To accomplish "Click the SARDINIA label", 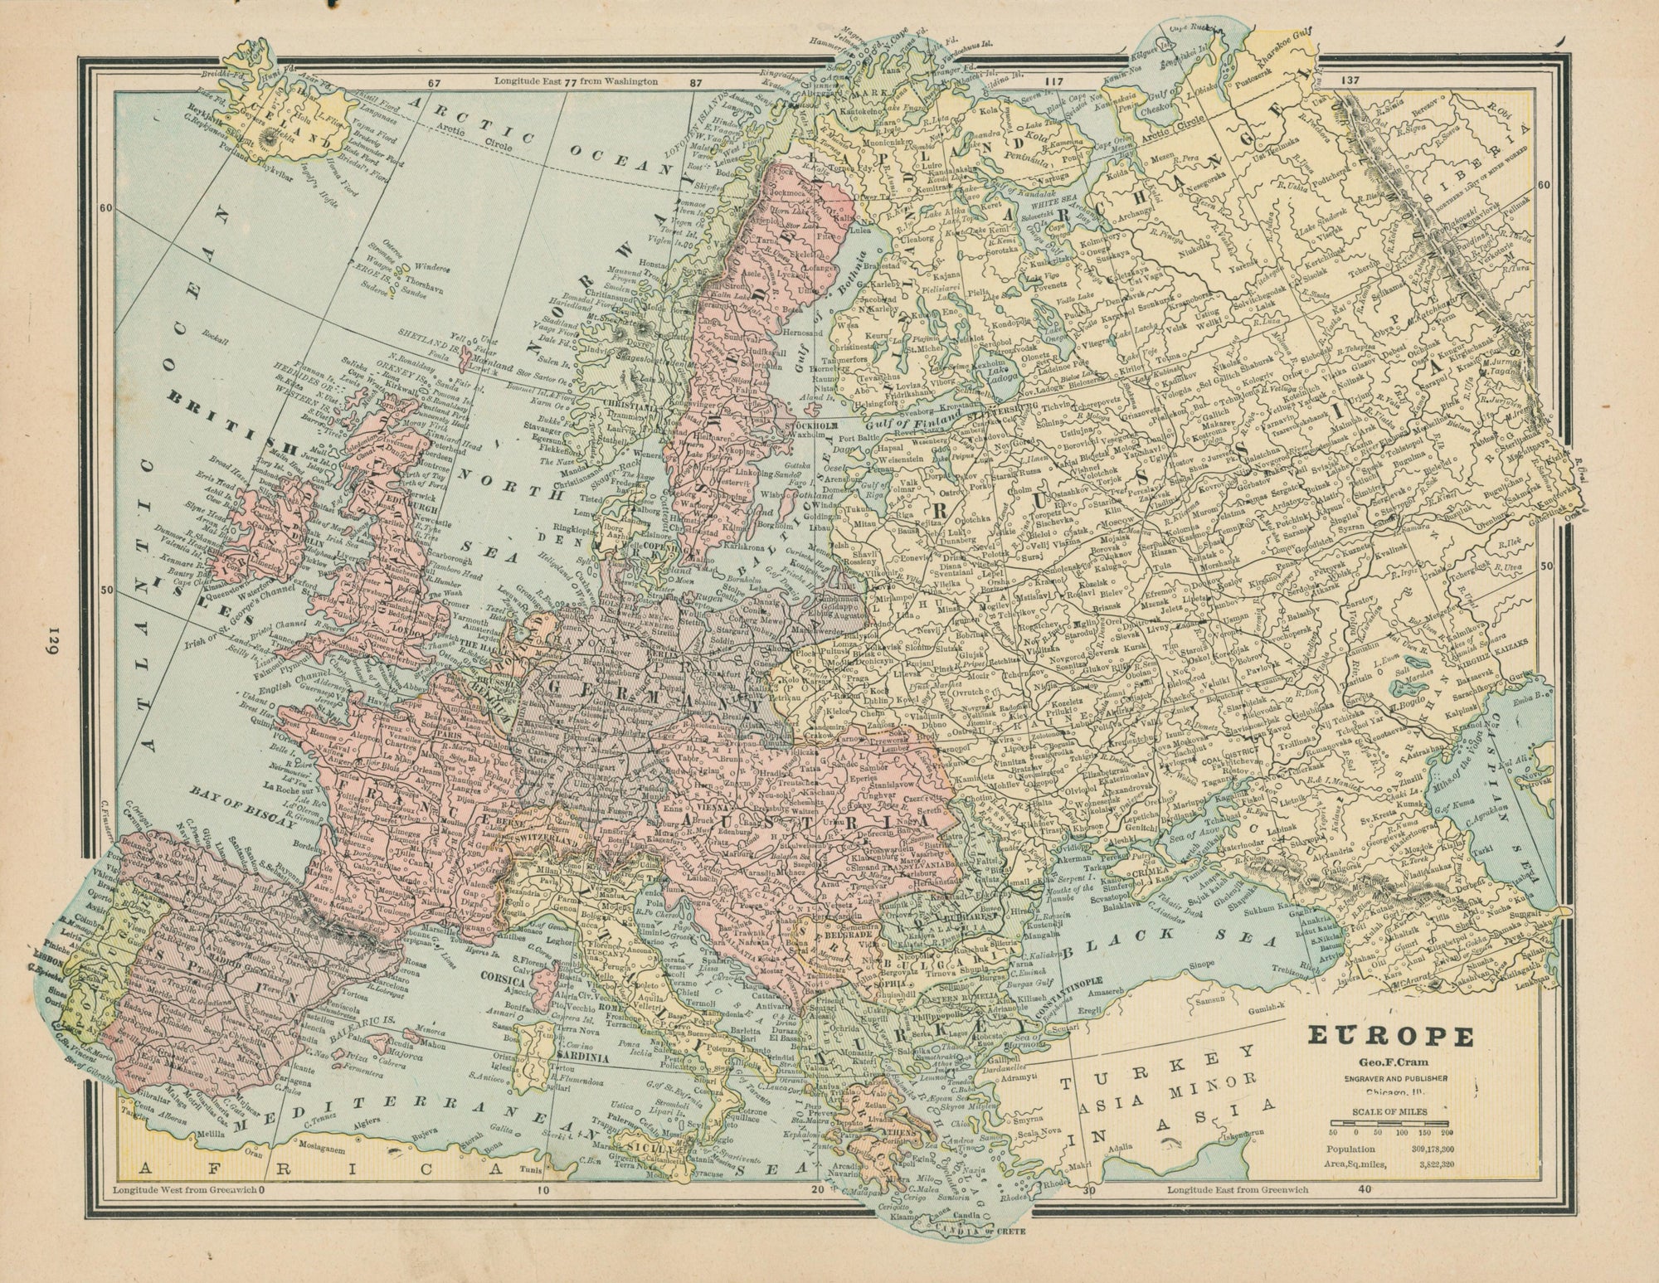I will (x=562, y=1059).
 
